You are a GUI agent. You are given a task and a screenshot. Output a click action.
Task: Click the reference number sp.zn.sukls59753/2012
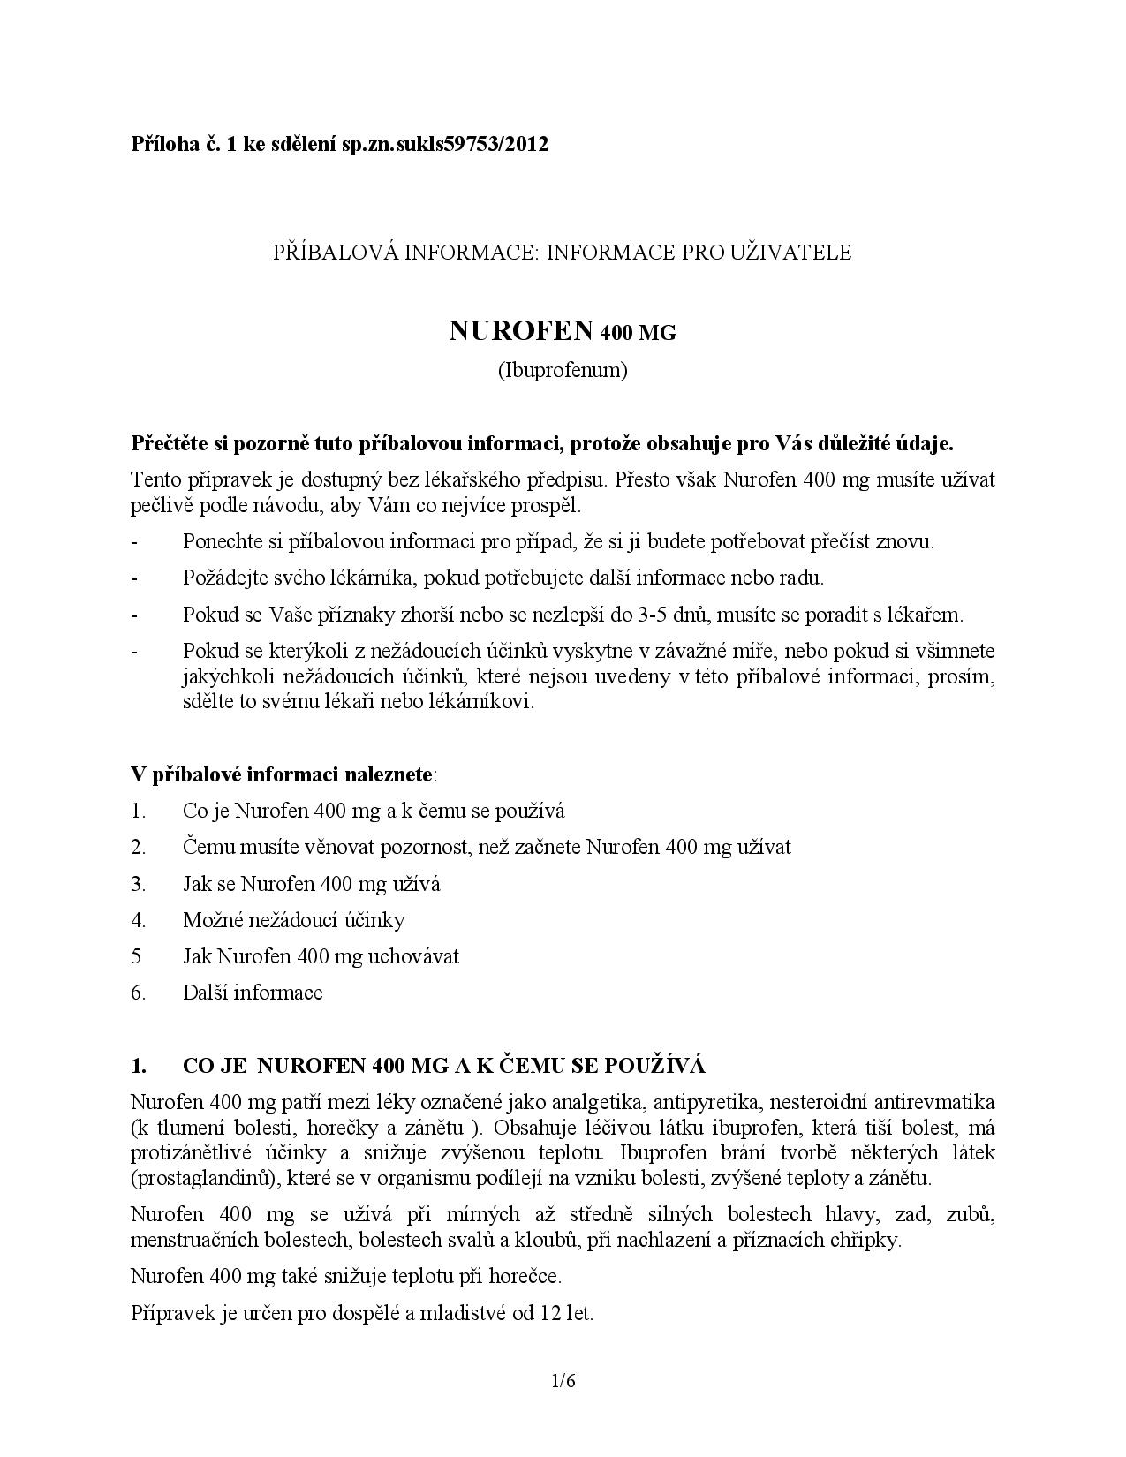pyautogui.click(x=445, y=144)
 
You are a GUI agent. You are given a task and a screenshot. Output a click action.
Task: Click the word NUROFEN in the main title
pyautogui.click(x=521, y=331)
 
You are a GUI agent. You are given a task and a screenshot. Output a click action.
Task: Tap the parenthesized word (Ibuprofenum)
pyautogui.click(x=563, y=370)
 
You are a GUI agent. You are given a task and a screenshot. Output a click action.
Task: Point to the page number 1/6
pyautogui.click(x=563, y=1381)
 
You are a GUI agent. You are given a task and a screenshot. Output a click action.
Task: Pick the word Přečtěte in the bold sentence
pyautogui.click(x=169, y=443)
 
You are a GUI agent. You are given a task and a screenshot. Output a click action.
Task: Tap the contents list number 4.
pyautogui.click(x=138, y=920)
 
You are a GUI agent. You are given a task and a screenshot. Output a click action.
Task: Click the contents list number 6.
pyautogui.click(x=138, y=993)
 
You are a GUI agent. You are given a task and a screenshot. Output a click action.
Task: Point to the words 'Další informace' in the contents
pyautogui.click(x=253, y=993)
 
